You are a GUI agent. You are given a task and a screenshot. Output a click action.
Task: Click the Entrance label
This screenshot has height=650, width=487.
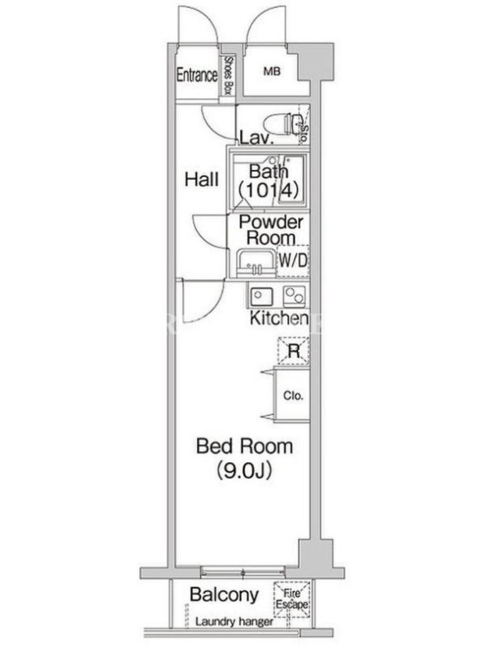[197, 75]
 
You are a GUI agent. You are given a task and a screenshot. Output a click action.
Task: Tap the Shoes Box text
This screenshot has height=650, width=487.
[228, 75]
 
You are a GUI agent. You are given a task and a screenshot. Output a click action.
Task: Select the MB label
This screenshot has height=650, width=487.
[272, 71]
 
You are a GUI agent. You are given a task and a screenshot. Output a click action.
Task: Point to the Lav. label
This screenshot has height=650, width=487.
[256, 138]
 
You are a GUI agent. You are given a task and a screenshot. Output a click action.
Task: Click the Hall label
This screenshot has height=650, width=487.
[201, 180]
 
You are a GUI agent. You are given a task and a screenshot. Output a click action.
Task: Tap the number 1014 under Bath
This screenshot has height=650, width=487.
[269, 190]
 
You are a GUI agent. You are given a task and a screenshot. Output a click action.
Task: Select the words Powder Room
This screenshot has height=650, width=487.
[271, 230]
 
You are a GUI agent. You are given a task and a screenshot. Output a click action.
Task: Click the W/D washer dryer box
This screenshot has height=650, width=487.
[293, 261]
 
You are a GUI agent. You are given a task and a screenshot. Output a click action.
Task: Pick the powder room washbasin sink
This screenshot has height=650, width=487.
[256, 263]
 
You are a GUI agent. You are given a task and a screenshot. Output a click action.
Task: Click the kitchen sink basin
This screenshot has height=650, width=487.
[261, 297]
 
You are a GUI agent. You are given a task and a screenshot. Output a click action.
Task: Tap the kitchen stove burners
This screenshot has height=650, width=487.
[294, 296]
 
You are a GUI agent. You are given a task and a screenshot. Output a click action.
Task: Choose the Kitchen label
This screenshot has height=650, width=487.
[279, 318]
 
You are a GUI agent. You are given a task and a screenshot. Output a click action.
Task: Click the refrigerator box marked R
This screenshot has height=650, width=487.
[294, 352]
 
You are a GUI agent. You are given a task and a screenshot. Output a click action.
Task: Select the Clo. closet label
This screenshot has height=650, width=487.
[293, 396]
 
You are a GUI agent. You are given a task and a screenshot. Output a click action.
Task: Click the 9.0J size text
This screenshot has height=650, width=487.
[244, 470]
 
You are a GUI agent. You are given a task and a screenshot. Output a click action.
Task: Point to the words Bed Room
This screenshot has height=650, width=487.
[244, 446]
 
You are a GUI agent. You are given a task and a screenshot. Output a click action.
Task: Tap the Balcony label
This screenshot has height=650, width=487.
[225, 595]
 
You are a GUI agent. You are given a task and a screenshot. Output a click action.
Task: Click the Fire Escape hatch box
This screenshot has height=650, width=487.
[292, 600]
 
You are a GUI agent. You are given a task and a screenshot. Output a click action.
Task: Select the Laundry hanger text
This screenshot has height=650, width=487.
[235, 622]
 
